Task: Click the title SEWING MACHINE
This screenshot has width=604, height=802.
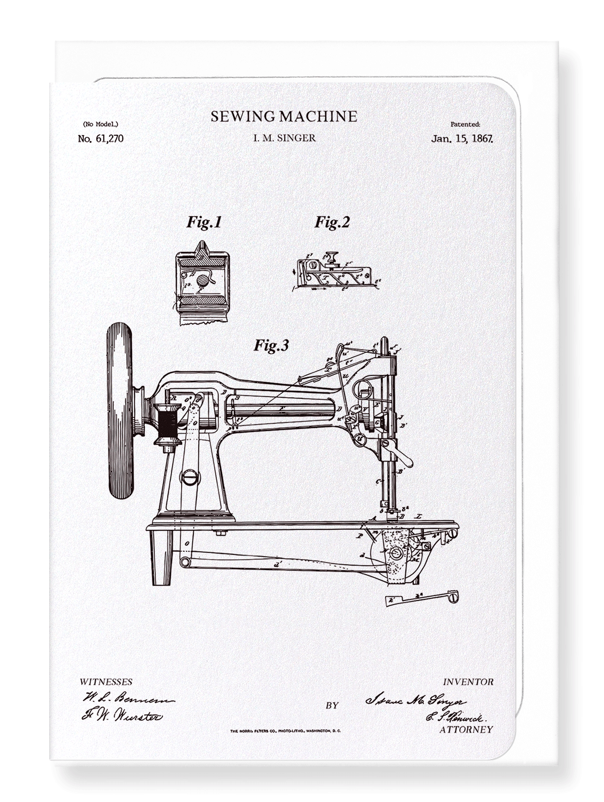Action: point(284,117)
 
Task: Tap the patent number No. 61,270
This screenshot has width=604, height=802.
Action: point(100,138)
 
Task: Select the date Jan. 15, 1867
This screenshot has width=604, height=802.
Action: point(461,138)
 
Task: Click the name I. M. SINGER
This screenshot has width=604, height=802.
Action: point(284,138)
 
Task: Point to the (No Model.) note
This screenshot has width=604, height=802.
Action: point(98,124)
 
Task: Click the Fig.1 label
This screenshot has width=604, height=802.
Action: point(204,222)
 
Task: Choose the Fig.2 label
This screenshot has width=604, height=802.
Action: point(332,222)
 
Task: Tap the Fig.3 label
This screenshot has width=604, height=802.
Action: point(271,346)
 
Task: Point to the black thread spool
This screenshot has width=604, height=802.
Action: point(167,423)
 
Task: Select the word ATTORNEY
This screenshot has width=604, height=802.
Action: point(466,729)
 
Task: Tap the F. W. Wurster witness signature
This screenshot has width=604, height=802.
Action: point(122,716)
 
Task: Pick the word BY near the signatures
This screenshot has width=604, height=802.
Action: point(332,705)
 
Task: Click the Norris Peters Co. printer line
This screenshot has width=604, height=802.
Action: point(285,731)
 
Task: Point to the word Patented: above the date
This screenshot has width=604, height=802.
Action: point(465,124)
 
